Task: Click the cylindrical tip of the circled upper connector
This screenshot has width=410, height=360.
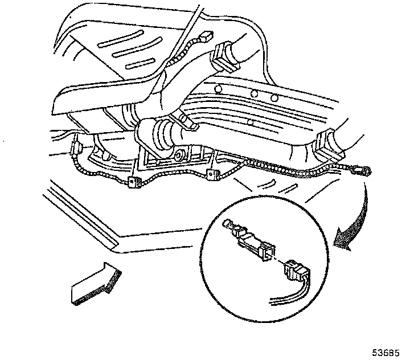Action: pos(230,226)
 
